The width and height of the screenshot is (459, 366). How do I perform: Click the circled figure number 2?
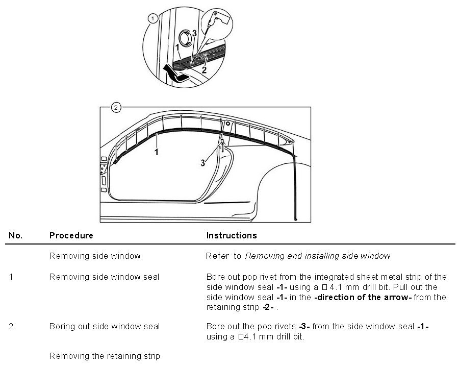116,107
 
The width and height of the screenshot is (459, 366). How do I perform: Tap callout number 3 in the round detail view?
194,34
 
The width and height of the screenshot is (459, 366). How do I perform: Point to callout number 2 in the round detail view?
204,70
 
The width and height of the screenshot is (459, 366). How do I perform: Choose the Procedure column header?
71,236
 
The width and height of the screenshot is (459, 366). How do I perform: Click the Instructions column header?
231,236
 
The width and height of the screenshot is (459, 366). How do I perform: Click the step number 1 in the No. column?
11,277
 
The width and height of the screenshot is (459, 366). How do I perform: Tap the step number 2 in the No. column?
11,327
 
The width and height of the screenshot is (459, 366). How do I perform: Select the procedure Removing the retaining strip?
105,356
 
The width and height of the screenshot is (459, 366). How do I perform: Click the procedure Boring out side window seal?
104,327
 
